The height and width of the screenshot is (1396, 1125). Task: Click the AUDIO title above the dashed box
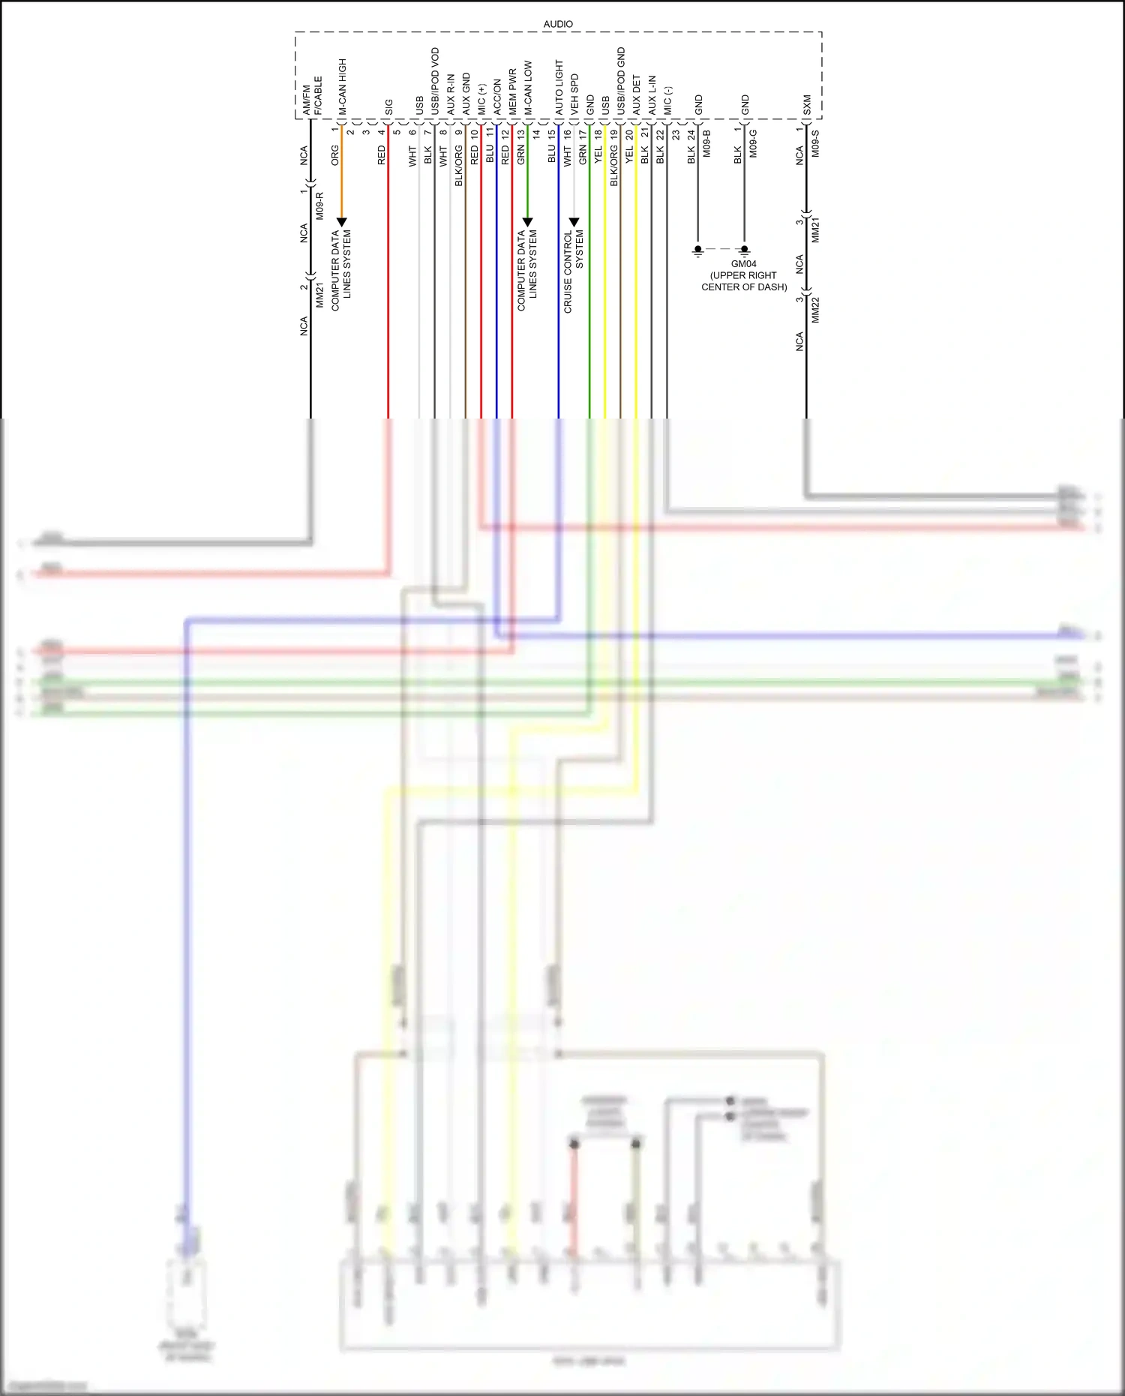click(x=558, y=24)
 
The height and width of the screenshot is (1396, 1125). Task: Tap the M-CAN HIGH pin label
click(x=342, y=87)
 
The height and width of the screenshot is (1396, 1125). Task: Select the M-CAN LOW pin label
click(x=528, y=88)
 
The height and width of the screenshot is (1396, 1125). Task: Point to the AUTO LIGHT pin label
click(x=559, y=88)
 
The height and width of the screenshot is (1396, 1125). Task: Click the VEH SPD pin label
click(x=574, y=94)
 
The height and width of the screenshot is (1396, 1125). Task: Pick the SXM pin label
click(x=807, y=105)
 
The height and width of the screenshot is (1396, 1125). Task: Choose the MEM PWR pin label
click(x=513, y=92)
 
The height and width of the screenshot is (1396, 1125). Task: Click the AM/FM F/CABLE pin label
click(x=312, y=95)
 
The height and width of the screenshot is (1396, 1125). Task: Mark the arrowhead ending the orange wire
click(x=342, y=222)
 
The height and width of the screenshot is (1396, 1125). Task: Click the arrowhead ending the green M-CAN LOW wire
click(x=527, y=222)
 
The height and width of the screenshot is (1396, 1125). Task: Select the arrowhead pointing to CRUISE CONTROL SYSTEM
click(x=574, y=222)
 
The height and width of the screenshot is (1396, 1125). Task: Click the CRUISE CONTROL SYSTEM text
click(x=574, y=272)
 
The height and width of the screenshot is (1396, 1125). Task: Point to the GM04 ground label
click(x=744, y=264)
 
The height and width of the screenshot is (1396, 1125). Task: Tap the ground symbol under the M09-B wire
click(x=698, y=251)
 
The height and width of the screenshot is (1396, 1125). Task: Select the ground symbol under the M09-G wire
click(x=745, y=251)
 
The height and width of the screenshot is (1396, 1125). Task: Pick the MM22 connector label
click(x=816, y=310)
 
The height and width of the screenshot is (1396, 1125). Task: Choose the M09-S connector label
click(x=815, y=143)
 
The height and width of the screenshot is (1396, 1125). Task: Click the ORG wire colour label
click(x=335, y=155)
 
